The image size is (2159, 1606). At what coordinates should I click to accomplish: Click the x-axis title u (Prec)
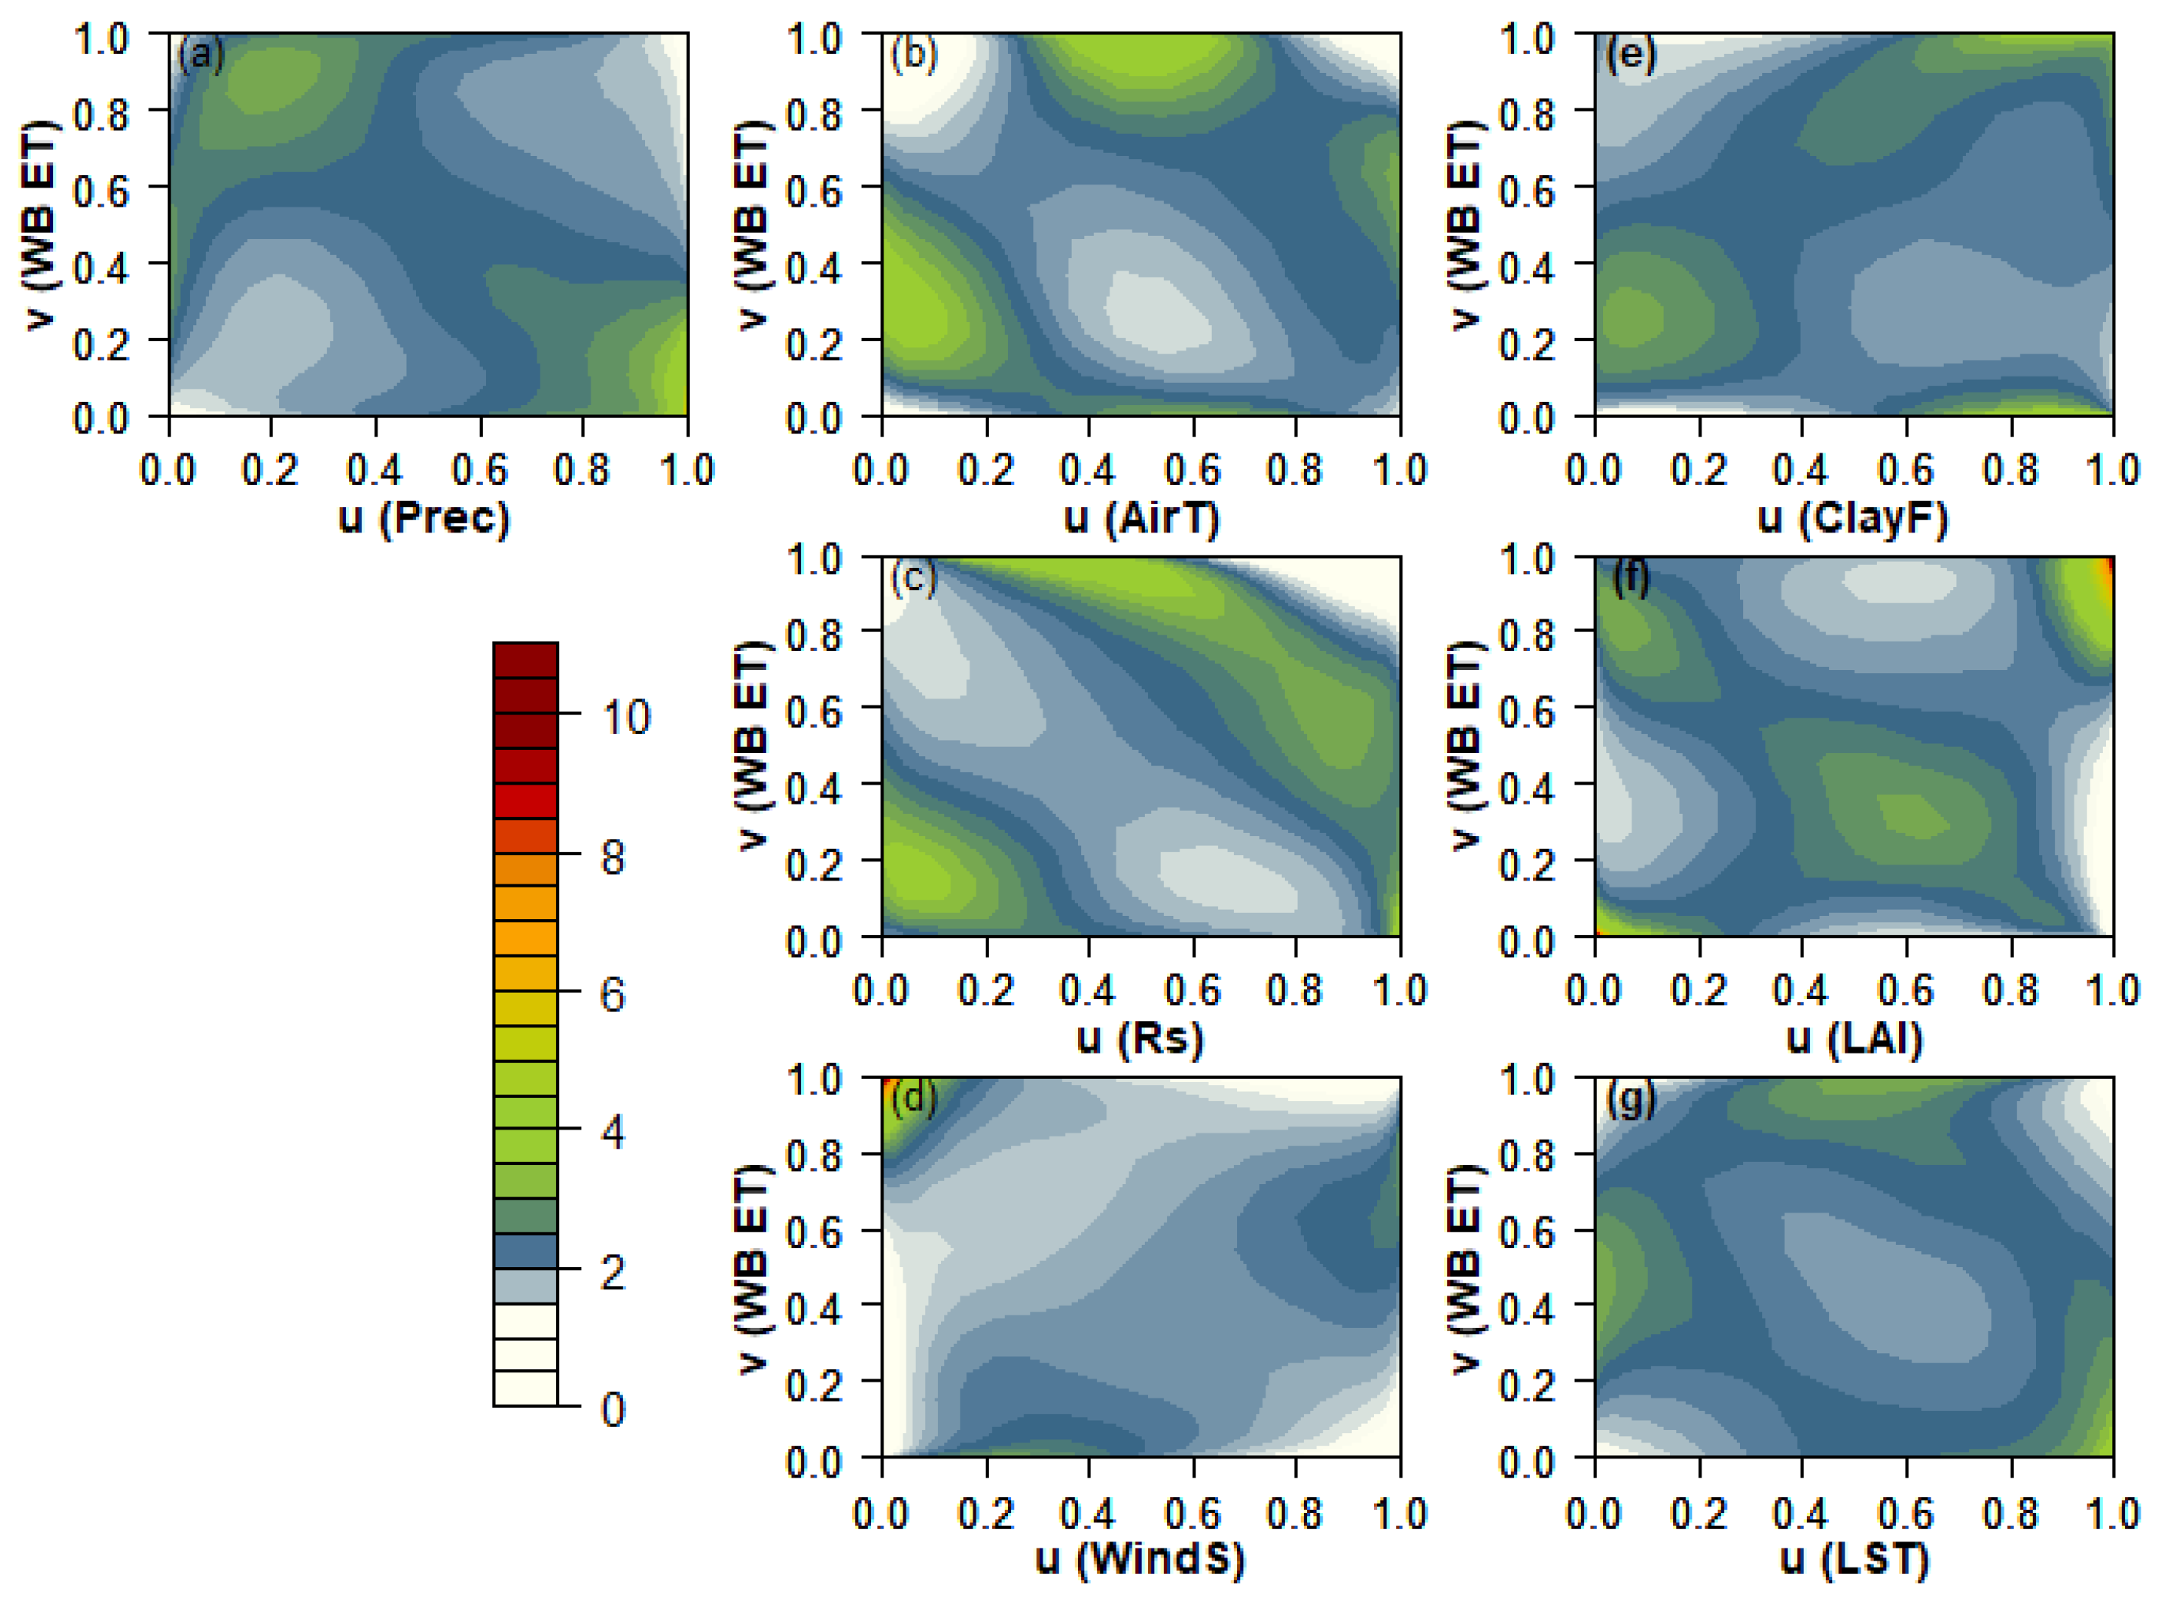coord(424,518)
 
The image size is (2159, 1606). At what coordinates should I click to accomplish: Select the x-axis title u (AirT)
coord(1141,518)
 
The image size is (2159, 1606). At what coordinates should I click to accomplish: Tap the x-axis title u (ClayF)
coord(1853,518)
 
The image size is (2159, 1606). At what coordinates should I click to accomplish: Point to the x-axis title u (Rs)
coord(1139,1038)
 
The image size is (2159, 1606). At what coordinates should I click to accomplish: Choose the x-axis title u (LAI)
coord(1854,1038)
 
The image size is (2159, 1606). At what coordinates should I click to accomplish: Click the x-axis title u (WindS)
coord(1139,1558)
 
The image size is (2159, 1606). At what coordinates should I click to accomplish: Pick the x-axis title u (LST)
coord(1854,1558)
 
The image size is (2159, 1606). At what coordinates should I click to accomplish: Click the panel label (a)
coord(201,55)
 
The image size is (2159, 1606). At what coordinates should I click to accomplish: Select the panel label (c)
coord(914,577)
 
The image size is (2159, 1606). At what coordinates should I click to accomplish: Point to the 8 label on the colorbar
coord(613,858)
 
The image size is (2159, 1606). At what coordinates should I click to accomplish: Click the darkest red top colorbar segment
coord(525,660)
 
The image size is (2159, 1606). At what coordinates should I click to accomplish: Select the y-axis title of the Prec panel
coord(39,226)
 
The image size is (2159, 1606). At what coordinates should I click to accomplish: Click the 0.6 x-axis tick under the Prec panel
coord(480,470)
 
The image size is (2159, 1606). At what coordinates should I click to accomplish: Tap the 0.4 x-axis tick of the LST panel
coord(1800,1514)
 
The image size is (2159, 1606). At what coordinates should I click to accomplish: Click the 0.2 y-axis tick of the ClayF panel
coord(1526,342)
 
